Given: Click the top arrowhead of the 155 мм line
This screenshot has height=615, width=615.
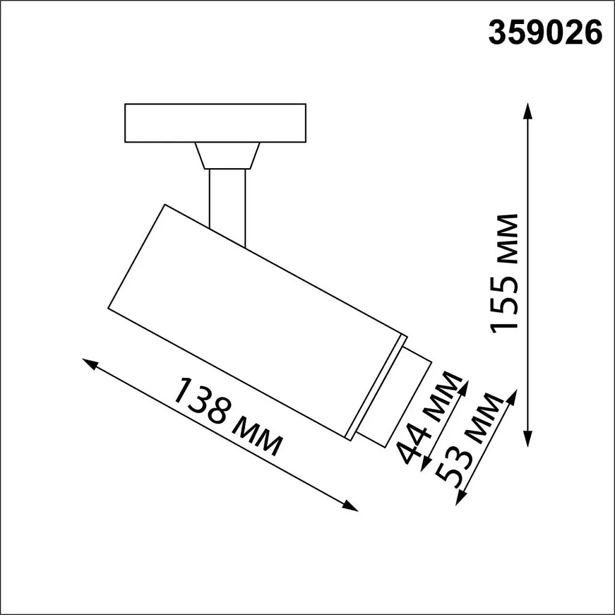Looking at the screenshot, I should pos(528,109).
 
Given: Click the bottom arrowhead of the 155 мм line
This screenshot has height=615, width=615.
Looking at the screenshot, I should pos(528,440).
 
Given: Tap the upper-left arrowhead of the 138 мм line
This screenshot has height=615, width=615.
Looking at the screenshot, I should pos(89,363).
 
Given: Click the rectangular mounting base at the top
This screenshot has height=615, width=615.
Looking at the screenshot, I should pos(215,123).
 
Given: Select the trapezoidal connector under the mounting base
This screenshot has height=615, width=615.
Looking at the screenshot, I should pos(227,156).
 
